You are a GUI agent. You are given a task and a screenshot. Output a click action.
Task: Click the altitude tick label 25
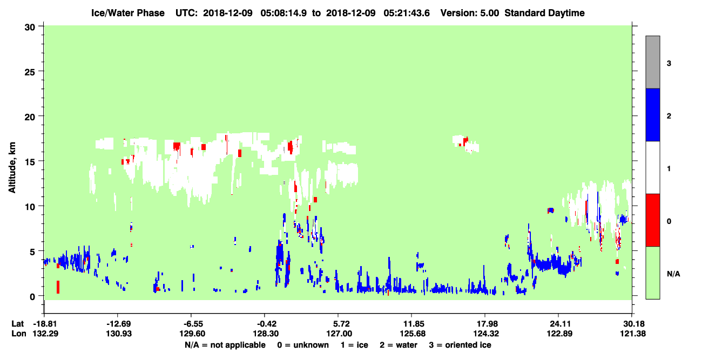(30, 72)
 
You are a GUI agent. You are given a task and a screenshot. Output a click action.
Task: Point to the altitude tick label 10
(30, 207)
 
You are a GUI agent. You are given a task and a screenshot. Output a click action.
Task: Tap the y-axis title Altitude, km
(12, 168)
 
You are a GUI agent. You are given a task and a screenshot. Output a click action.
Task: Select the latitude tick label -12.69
(118, 324)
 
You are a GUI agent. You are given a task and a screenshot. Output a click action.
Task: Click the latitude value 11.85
(413, 324)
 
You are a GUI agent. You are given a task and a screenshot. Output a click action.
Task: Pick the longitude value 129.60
(192, 334)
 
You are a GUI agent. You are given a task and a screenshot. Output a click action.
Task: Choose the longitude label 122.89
(559, 334)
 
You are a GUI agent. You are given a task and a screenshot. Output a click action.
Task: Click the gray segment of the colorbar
(652, 62)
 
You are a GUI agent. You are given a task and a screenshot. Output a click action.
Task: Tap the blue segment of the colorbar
(652, 114)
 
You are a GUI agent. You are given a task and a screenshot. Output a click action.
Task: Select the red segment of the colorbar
(652, 220)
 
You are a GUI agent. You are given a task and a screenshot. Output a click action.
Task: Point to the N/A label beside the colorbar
(673, 274)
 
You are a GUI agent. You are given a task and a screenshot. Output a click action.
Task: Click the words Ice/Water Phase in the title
(128, 13)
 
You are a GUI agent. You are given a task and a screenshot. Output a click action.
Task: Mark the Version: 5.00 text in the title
(469, 13)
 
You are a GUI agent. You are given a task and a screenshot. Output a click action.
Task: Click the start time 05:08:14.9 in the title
(283, 13)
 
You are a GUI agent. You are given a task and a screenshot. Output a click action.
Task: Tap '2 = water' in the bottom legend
(399, 345)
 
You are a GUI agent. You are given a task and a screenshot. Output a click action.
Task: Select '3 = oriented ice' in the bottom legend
(460, 345)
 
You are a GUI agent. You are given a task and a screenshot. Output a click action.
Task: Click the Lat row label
(17, 324)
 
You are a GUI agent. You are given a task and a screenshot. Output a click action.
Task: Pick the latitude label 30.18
(633, 324)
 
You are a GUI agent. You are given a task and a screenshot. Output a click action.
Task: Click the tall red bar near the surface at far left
(58, 287)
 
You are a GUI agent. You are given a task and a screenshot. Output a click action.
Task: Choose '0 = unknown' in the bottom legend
(303, 345)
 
